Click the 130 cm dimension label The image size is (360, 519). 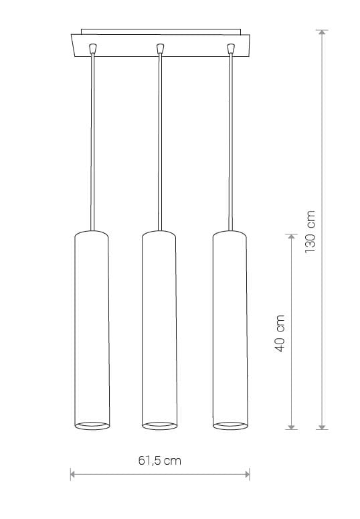coord(310,231)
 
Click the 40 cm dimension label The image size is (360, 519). coord(280,333)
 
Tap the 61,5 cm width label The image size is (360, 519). coord(160,461)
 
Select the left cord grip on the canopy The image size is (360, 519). coord(93,48)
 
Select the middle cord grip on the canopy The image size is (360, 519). coord(160,48)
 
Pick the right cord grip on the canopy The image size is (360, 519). coord(231,48)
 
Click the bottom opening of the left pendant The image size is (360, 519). coord(92,426)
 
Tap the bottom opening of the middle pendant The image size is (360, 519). coord(160,426)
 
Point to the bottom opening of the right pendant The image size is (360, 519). coord(230,426)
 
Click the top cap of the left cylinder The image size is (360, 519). coord(92,233)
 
